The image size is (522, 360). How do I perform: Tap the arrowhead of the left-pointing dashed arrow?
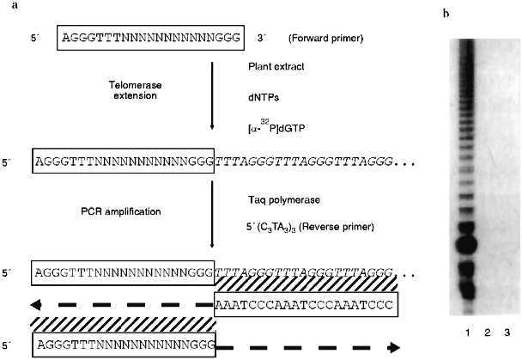37,304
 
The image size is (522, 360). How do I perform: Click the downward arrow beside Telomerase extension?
211,95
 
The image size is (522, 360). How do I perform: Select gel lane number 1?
464,330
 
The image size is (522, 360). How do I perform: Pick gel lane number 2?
486,330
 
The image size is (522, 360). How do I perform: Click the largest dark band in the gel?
465,245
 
